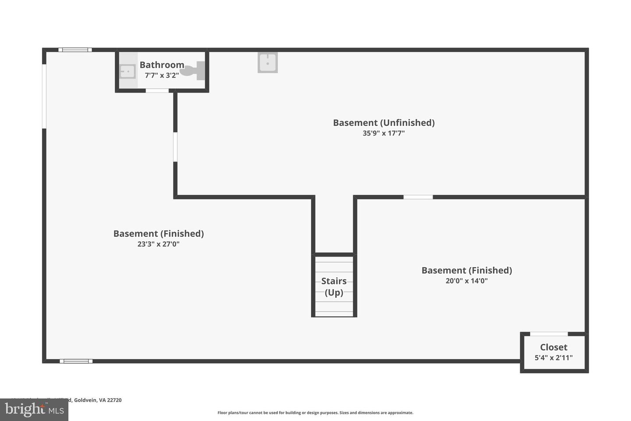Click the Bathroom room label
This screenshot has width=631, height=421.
[162, 65]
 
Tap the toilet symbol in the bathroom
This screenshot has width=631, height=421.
[193, 71]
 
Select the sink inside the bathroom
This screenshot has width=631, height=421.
[128, 71]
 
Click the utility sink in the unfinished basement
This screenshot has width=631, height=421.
[267, 63]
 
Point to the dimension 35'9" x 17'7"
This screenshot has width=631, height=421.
[383, 133]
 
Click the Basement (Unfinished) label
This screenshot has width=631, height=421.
[383, 123]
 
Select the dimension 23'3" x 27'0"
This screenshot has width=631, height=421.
[158, 244]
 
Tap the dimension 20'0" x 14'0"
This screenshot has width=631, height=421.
[466, 281]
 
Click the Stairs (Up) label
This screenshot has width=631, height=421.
[334, 286]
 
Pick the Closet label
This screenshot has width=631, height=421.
[553, 347]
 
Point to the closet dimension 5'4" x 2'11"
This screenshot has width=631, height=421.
[553, 358]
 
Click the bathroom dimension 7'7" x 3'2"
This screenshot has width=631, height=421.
[162, 75]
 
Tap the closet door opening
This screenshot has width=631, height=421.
[549, 334]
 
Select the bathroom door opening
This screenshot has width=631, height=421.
[157, 91]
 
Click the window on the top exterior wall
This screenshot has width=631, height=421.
[75, 50]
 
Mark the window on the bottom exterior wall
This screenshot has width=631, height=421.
[76, 361]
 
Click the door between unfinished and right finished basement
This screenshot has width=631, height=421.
[418, 197]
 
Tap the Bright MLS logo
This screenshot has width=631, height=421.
[34, 410]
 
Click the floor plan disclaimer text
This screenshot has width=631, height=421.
[315, 413]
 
